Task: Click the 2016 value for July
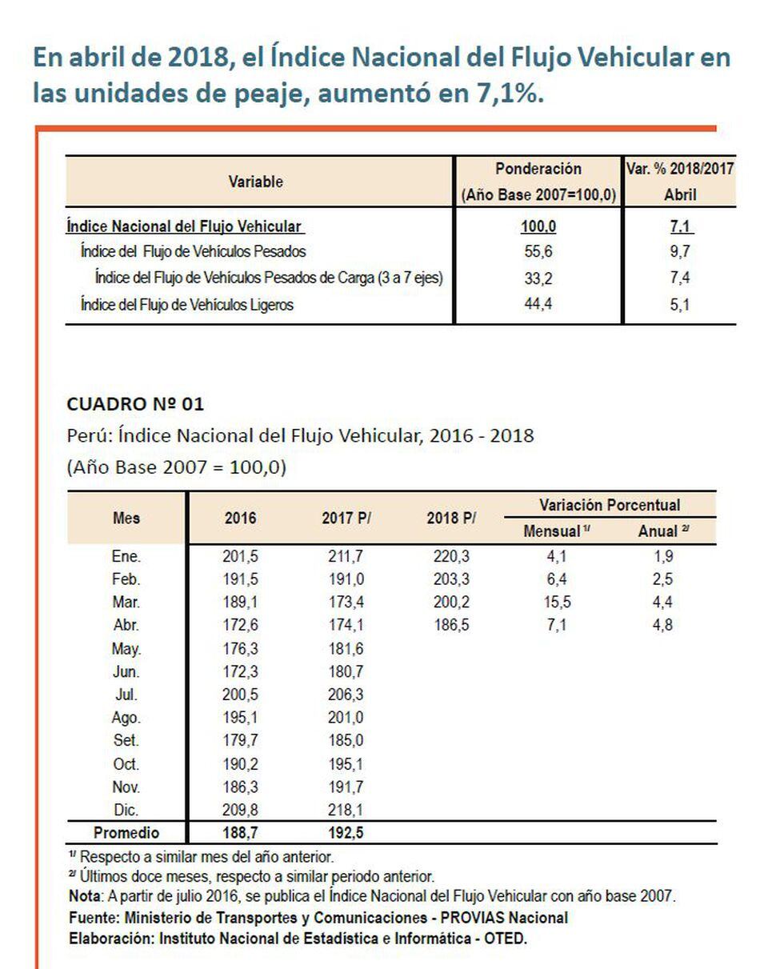coord(240,695)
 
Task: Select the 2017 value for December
coord(346,810)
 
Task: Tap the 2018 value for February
coord(450,579)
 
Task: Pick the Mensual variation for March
coord(556,603)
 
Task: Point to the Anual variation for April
coord(662,626)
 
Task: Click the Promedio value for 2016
coord(240,833)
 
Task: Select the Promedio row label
coord(126,833)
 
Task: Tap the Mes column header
coord(126,518)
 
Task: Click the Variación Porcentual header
coord(610,505)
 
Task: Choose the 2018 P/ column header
coord(451,518)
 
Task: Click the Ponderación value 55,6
coord(538,251)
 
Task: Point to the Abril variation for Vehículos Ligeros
coord(680,304)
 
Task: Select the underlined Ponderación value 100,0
coord(538,226)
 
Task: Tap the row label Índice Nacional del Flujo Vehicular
coord(184,226)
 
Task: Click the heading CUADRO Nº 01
coord(135,404)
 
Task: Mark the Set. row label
coord(126,741)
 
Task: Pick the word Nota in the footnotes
coord(84,897)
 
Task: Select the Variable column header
coord(256,182)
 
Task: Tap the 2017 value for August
coord(346,718)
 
